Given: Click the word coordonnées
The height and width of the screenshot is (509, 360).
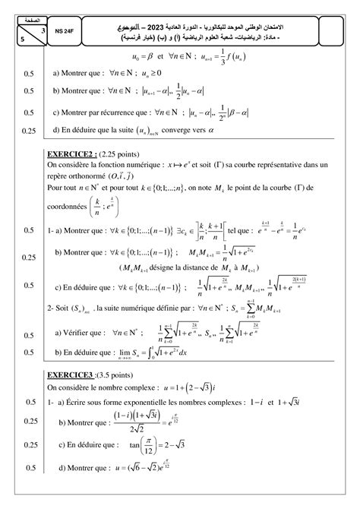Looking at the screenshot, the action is (x=71, y=208).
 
